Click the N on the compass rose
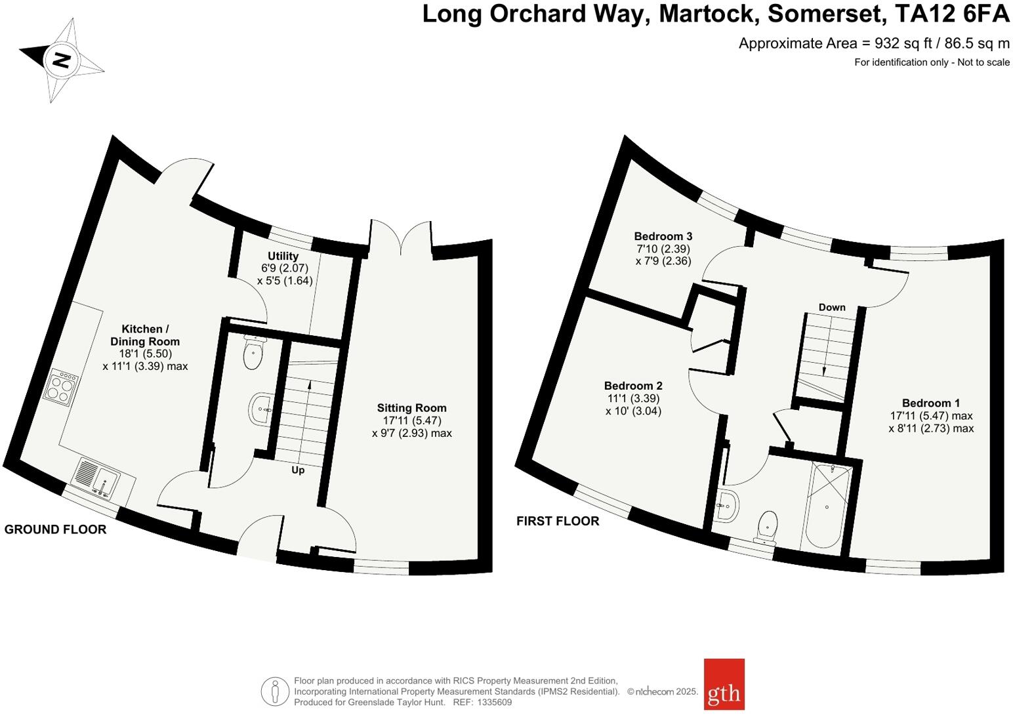pos(62,60)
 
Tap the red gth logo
pos(724,684)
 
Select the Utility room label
pos(283,256)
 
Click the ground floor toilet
pos(253,353)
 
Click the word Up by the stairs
pos(298,470)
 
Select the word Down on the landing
pos(831,307)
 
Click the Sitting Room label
pos(411,407)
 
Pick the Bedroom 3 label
pos(663,236)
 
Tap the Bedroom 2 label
pos(633,386)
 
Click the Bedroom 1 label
pos(930,403)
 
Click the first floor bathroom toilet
pos(767,527)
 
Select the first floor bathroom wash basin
pos(728,506)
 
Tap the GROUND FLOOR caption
pos(55,529)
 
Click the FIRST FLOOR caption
pos(558,521)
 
